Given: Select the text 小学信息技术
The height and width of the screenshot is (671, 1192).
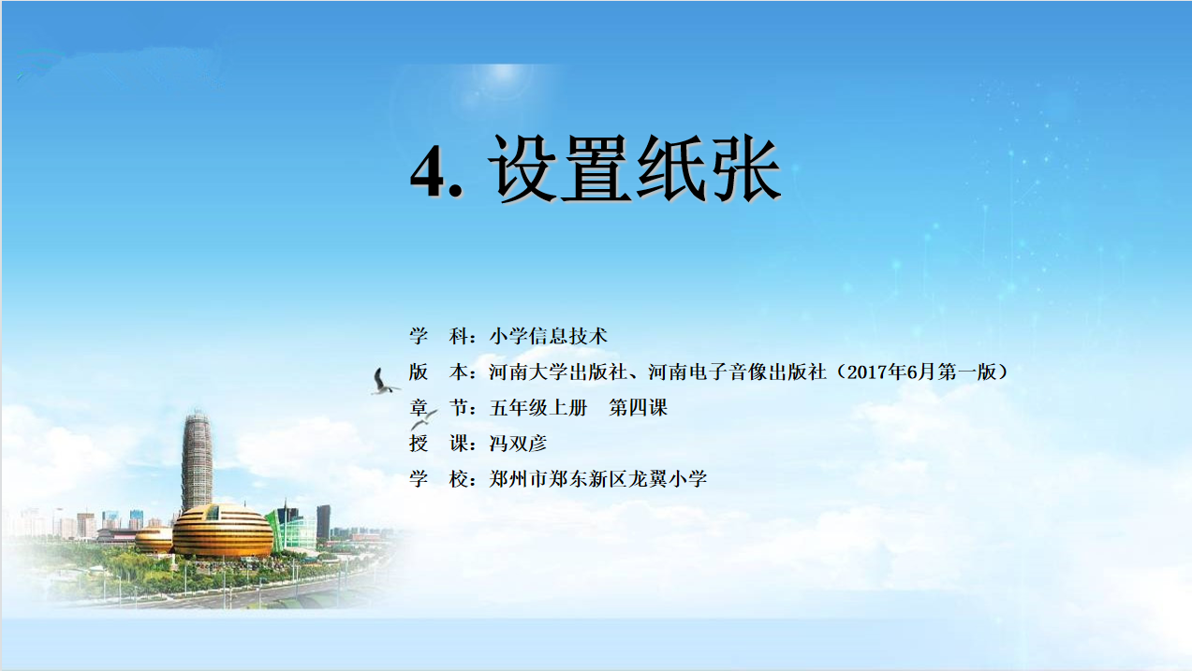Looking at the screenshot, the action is point(548,336).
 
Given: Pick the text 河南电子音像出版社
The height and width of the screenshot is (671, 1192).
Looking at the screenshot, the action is point(738,372).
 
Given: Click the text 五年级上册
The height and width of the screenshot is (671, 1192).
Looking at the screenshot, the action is point(538,408).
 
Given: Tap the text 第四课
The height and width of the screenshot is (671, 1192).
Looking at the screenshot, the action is point(638,408).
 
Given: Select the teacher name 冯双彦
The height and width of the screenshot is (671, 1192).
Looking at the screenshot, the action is point(519,444).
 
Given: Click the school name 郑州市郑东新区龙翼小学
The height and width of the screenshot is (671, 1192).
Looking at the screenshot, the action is point(598,479).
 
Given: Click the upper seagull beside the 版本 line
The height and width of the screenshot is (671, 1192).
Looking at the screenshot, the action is point(383,382).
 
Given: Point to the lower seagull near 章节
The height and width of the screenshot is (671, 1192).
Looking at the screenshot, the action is point(424,419).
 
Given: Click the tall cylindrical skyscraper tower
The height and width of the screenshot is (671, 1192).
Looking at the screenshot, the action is point(197,460).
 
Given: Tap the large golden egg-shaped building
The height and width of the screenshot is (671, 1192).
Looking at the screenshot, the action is point(223,531).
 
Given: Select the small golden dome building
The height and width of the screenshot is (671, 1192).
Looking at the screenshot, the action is point(154,540).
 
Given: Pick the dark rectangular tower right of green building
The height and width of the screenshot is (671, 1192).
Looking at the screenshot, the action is point(324,521).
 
